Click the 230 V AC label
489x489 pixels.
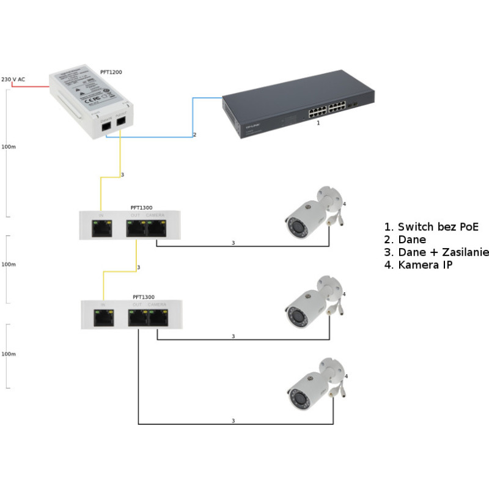13,79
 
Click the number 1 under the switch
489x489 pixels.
318,123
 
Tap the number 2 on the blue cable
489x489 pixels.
195,134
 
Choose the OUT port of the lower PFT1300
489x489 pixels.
138,317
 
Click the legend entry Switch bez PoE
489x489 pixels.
432,227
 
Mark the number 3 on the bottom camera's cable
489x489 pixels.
233,421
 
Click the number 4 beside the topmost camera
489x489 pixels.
345,204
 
